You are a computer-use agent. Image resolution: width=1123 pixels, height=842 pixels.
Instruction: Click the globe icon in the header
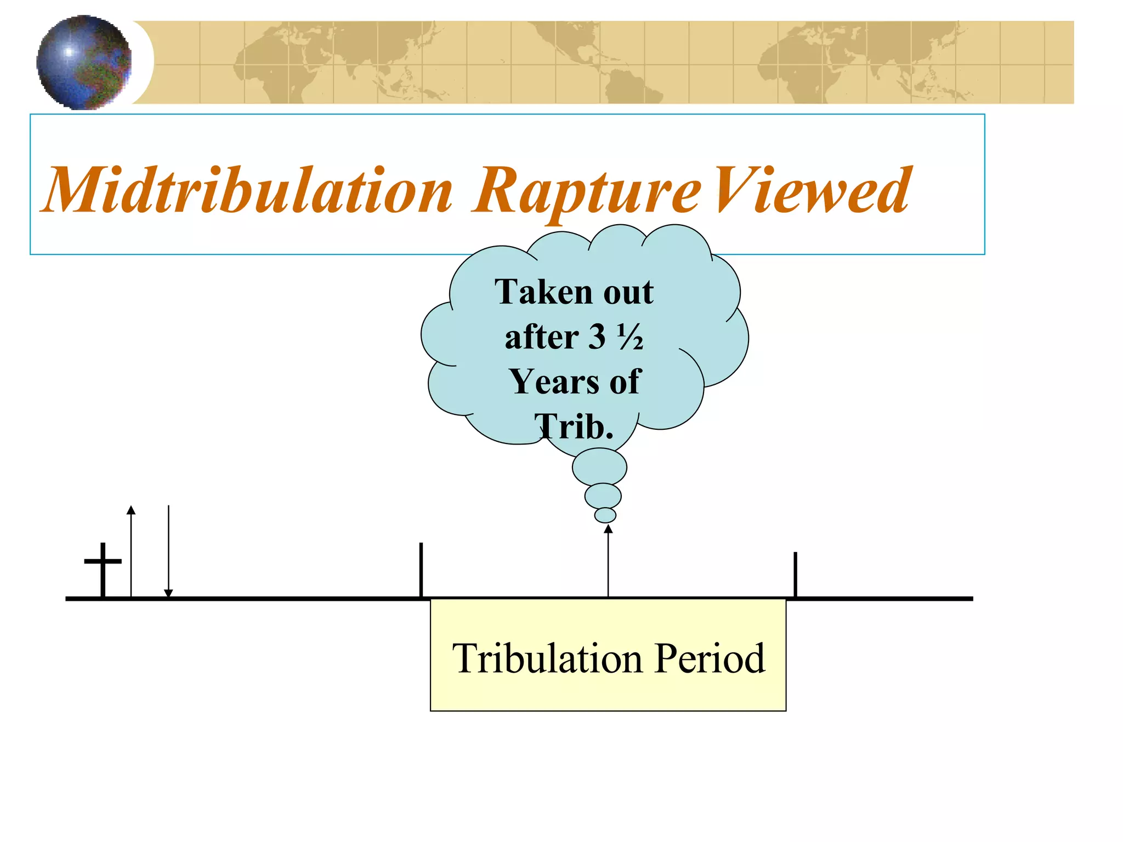84,62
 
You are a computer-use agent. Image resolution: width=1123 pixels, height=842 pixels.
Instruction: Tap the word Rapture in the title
587,191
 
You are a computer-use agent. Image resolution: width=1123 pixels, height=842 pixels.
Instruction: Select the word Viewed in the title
812,190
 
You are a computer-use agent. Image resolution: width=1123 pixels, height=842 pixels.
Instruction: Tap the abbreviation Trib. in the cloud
574,426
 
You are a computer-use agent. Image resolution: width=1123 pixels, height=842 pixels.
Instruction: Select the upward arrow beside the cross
131,551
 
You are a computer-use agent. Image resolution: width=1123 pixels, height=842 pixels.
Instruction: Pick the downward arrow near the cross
168,551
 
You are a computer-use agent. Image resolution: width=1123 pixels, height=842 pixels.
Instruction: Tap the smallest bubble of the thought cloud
605,515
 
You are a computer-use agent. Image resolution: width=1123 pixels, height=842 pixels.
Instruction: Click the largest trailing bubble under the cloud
599,468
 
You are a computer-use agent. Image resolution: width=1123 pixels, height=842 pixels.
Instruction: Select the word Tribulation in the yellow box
547,658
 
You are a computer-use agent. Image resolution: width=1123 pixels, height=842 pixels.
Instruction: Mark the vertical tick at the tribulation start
421,570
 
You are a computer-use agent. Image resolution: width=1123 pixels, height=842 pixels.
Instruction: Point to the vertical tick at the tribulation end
795,574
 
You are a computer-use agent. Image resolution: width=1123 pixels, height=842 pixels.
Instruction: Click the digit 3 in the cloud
597,337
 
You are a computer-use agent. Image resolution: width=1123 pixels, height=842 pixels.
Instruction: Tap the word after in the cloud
541,337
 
